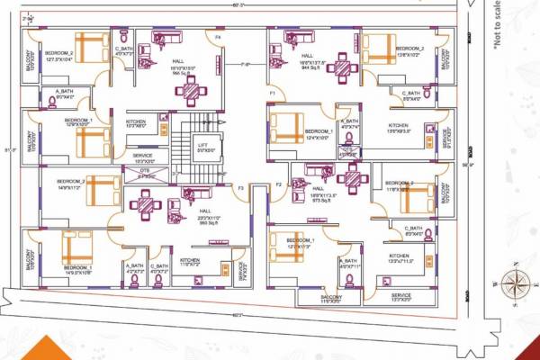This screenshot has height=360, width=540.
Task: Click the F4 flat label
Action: click(218, 37)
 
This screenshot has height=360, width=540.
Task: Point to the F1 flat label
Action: click(273, 93)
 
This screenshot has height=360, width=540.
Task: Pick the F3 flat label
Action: click(240, 187)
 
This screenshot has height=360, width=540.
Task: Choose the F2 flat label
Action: click(278, 184)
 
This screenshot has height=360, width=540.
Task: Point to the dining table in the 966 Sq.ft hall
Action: click(191, 90)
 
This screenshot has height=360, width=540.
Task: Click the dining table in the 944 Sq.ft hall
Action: click(342, 67)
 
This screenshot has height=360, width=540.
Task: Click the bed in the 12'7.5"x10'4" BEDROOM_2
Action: click(90, 46)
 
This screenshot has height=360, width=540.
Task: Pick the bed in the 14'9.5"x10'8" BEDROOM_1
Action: click(72, 247)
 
